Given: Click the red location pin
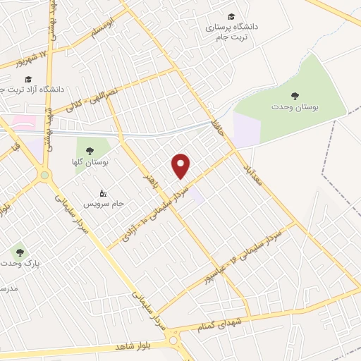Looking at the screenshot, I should point(182,166).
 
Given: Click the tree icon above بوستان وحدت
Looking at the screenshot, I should point(294,95).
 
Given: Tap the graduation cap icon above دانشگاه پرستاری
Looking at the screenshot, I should point(231,16).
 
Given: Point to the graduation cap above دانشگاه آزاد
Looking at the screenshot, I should point(28,78).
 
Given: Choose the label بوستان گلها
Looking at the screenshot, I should point(97,162).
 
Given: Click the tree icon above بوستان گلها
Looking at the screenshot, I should point(89,150).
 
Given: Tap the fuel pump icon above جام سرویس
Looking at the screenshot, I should point(104,192).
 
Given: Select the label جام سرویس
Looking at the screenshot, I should point(104,203).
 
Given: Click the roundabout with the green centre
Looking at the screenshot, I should point(44,174).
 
